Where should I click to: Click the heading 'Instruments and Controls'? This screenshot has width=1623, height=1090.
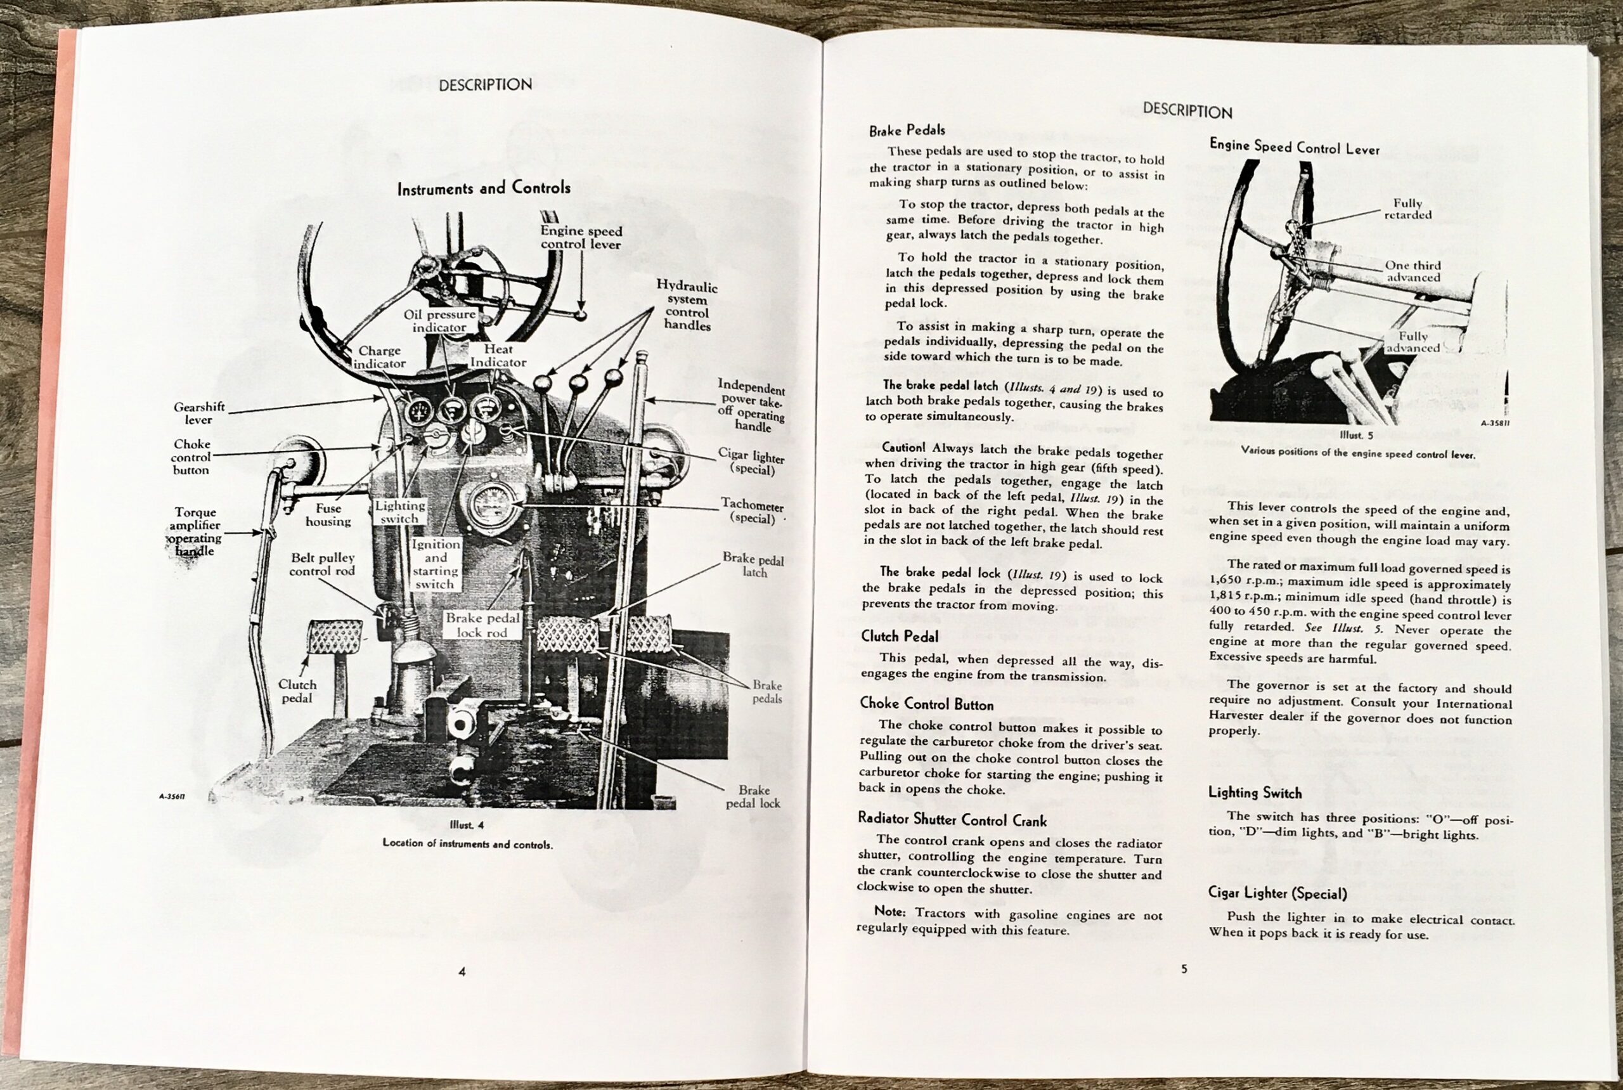point(484,188)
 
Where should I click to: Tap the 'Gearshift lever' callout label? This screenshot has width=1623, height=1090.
point(199,413)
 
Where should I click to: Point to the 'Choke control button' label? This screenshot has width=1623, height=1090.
point(191,457)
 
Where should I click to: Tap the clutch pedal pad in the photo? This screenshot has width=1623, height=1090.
point(335,637)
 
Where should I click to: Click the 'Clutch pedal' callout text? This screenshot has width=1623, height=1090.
point(297,691)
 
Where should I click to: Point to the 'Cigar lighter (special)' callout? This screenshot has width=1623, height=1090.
point(751,462)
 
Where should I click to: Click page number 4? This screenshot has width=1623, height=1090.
point(462,972)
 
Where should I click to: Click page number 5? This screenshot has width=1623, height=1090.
point(1184,969)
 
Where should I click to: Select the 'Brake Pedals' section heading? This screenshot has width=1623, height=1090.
point(907,130)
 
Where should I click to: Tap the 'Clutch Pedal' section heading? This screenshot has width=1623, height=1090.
point(900,636)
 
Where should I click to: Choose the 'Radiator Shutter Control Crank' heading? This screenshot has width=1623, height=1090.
point(952,820)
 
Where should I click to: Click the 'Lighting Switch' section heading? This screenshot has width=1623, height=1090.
point(1255,793)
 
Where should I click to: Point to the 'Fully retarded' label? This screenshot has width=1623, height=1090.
point(1407,209)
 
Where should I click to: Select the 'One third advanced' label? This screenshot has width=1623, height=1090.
point(1413,271)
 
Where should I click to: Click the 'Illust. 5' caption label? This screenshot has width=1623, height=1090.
point(1355,436)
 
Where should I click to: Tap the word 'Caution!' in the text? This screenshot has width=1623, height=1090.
point(903,448)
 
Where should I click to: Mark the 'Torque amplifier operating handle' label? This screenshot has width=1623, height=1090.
point(195,532)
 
